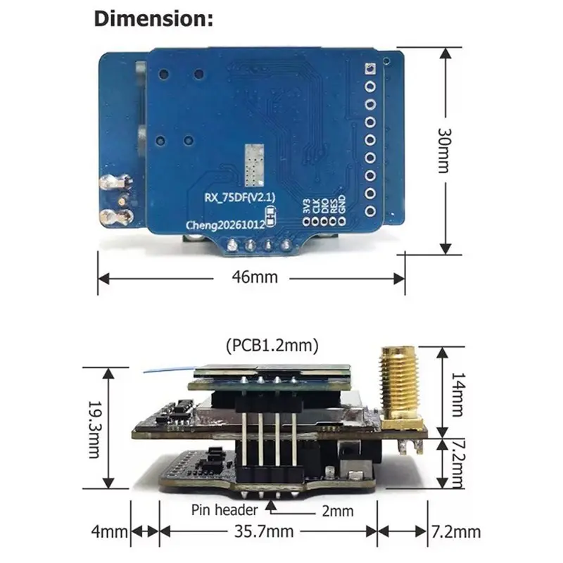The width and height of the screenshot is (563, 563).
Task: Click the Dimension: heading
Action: (153, 19)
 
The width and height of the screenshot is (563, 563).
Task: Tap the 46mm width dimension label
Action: (255, 277)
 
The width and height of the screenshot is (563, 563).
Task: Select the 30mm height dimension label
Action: (444, 151)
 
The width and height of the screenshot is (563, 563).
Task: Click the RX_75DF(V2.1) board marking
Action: (239, 198)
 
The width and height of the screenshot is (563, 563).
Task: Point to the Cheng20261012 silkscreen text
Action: (225, 225)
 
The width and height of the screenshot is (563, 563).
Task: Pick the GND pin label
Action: (342, 204)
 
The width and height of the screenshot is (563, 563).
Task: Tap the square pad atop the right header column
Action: (370, 68)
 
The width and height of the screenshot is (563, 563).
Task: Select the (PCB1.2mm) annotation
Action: (272, 346)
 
